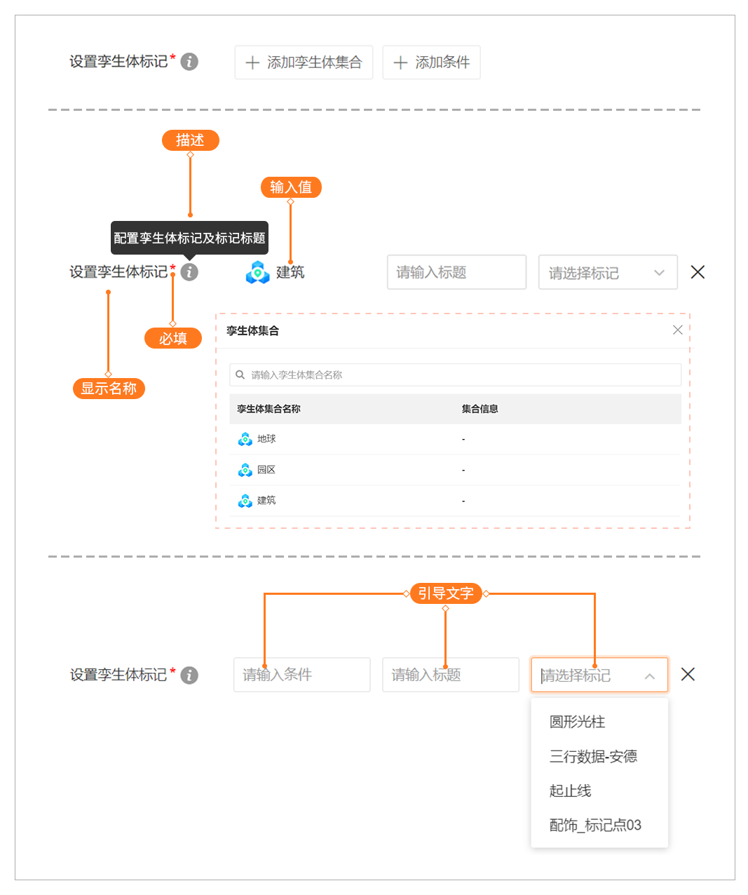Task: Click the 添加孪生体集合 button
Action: click(304, 62)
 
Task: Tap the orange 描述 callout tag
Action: click(190, 140)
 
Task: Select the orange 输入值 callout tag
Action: click(291, 187)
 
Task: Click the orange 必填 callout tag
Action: click(172, 338)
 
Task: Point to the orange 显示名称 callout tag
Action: click(109, 388)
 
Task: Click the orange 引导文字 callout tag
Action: click(445, 593)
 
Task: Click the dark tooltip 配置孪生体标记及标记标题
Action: click(189, 238)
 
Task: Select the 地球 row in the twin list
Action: click(266, 439)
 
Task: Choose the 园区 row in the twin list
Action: click(266, 470)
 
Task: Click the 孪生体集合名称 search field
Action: click(456, 375)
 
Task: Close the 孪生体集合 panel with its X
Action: click(677, 330)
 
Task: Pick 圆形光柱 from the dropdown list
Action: click(577, 722)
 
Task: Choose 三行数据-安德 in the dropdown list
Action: click(593, 756)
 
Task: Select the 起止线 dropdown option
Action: click(570, 790)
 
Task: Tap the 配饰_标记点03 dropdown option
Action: click(595, 825)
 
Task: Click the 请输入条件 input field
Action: click(301, 675)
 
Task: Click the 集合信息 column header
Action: click(480, 409)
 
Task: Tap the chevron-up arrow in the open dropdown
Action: click(649, 676)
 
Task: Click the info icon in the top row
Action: click(189, 62)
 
